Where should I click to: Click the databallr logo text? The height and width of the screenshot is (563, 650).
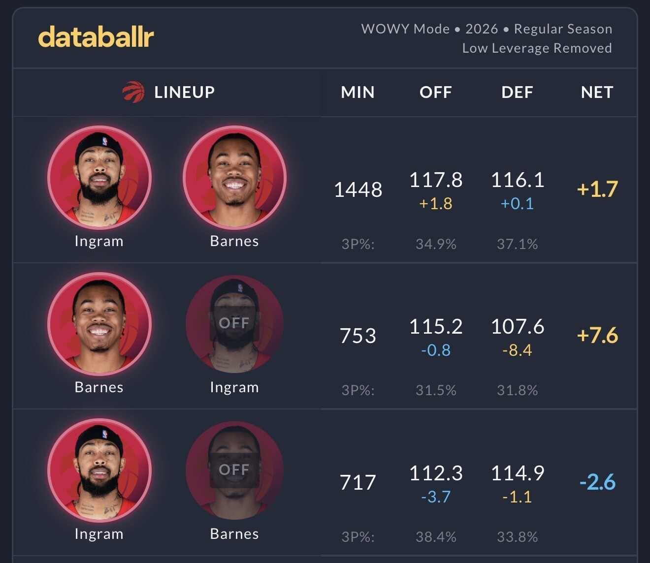(x=96, y=37)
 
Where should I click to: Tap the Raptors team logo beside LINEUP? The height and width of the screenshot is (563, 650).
(x=133, y=92)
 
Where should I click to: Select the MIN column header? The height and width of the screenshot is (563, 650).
(x=357, y=92)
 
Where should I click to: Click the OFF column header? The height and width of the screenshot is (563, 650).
(x=435, y=92)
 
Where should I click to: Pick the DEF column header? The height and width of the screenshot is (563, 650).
(x=517, y=92)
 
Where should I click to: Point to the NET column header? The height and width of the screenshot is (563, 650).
(x=597, y=92)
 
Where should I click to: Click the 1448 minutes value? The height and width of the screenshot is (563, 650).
(x=358, y=189)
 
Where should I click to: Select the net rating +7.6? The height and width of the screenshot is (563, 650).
(x=597, y=335)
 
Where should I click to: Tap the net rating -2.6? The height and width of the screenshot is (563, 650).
(x=597, y=482)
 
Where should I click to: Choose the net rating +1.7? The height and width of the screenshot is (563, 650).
(x=597, y=189)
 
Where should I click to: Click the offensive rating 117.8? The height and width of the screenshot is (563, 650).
(x=436, y=180)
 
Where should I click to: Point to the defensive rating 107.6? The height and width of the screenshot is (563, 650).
(x=518, y=326)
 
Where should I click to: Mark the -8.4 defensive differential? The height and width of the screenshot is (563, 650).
(x=517, y=350)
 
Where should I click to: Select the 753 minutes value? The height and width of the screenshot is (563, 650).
(x=358, y=336)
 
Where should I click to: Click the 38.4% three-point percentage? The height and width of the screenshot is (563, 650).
(x=436, y=536)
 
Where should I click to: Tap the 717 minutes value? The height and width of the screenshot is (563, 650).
(x=358, y=482)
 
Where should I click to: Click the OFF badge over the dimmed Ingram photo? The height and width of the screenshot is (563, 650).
(x=234, y=323)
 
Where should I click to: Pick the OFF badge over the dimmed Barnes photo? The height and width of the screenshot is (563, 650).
(x=234, y=470)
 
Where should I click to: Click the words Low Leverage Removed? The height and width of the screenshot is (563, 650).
(x=537, y=48)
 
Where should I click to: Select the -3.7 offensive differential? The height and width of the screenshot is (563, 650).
(x=436, y=497)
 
